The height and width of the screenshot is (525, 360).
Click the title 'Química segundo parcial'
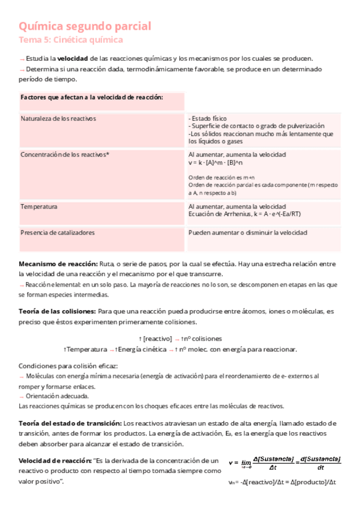pos(85,27)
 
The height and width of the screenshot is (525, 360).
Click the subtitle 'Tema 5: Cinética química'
pos(71,40)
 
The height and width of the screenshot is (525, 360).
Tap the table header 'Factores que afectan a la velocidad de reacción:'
pos(92,98)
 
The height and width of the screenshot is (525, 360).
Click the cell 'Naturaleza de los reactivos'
pos(58,118)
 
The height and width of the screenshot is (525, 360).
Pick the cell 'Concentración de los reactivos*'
pos(64,154)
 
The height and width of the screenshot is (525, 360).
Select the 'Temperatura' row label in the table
pos(39,206)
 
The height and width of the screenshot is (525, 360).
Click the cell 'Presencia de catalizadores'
pos(58,233)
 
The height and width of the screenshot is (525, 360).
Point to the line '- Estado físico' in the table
pos(208,118)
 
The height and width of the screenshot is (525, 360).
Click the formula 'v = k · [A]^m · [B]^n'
pos(216,162)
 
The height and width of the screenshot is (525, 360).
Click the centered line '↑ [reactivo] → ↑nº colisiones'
pos(180,339)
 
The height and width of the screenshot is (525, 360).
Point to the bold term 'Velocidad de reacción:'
pos(55,461)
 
